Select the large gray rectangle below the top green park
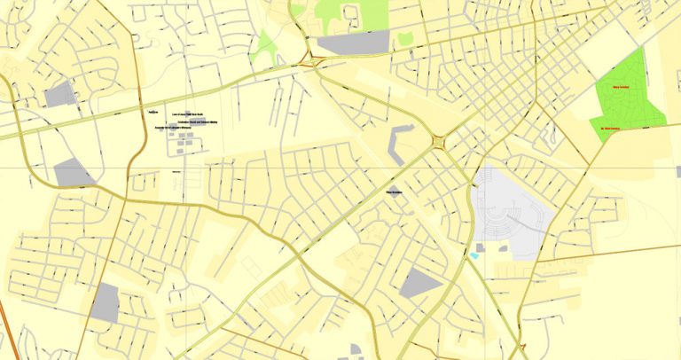(x=353, y=43)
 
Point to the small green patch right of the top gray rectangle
(x=405, y=40)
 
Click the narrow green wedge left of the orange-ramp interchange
(x=262, y=46)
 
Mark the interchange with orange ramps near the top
(x=310, y=61)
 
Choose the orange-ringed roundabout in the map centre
(x=438, y=142)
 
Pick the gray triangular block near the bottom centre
(x=419, y=284)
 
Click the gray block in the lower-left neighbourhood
(x=106, y=303)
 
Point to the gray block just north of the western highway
(x=59, y=94)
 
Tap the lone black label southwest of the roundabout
(x=394, y=190)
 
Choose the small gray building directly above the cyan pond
(x=480, y=247)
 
